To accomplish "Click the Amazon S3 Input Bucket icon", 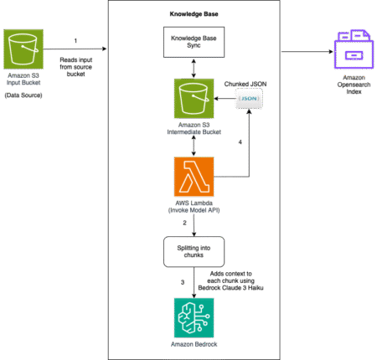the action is [23, 49].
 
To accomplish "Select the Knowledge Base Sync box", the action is [194, 42].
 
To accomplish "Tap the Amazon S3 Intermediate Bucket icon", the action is [194, 99].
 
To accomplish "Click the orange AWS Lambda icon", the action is [194, 177].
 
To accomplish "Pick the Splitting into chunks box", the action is [194, 252].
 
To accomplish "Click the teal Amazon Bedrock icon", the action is [194, 318].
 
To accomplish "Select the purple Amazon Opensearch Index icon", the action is [354, 49].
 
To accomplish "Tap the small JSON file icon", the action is [249, 99].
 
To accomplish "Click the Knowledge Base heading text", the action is [194, 14].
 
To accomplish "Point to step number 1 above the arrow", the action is [75, 41].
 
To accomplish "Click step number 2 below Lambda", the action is [184, 223].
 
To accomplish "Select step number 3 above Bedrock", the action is [183, 282].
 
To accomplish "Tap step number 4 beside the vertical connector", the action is [240, 142].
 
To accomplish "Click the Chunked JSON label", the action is [245, 84].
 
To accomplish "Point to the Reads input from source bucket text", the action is [76, 67].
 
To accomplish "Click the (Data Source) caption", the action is [23, 95].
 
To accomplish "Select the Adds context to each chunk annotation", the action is [230, 280].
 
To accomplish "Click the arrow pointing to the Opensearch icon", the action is [307, 51].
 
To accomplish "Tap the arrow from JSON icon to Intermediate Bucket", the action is [225, 99].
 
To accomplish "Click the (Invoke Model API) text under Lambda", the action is [194, 210].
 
